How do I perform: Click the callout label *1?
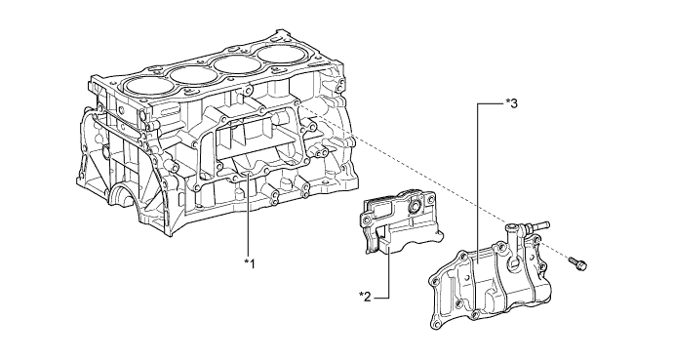(x=250, y=263)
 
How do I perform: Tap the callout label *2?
(x=365, y=297)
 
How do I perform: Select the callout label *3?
(x=512, y=103)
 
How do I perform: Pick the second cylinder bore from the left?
(x=193, y=75)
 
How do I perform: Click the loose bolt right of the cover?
(x=577, y=263)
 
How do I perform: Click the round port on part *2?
(x=416, y=207)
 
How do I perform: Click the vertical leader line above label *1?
(x=249, y=214)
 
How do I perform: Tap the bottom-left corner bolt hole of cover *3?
(x=436, y=323)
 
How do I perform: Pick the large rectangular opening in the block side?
(x=257, y=139)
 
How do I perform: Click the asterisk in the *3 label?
(x=508, y=101)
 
